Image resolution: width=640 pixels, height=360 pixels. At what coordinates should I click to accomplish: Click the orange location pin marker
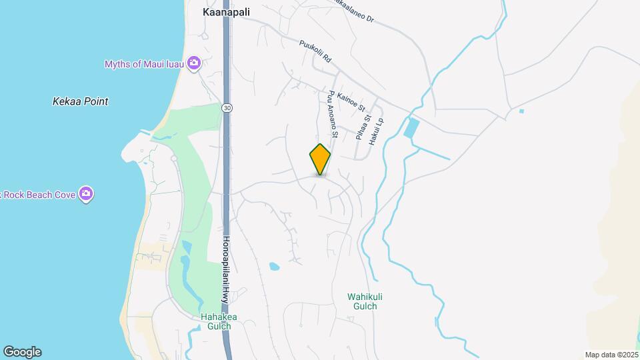[320, 159]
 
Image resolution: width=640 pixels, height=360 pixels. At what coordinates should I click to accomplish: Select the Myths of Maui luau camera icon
[194, 63]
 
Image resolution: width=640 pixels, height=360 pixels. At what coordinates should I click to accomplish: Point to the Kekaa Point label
[80, 102]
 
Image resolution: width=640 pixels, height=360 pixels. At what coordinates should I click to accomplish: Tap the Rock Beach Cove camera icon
[86, 194]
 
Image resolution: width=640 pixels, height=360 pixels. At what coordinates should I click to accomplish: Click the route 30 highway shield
[227, 108]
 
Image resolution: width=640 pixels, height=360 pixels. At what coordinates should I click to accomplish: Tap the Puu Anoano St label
[333, 115]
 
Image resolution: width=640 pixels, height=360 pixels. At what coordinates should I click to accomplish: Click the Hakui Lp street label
[379, 132]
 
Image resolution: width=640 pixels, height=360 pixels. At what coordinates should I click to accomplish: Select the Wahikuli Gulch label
[362, 301]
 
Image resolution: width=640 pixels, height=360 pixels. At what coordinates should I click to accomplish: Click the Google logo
[21, 352]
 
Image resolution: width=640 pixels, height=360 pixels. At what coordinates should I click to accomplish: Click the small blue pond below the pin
[274, 267]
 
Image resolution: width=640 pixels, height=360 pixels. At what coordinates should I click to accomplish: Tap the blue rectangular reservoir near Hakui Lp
[411, 128]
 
